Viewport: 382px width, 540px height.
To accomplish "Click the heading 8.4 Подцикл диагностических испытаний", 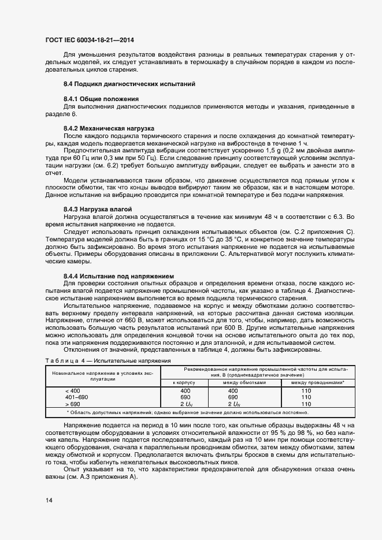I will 129,84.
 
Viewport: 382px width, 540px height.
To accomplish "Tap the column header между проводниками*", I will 318,382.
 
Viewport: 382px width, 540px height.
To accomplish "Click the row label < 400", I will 73,391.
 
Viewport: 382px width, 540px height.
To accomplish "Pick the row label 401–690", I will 77,397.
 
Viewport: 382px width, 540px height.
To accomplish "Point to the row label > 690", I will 73,404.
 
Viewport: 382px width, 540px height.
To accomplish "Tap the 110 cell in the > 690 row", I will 306,404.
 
